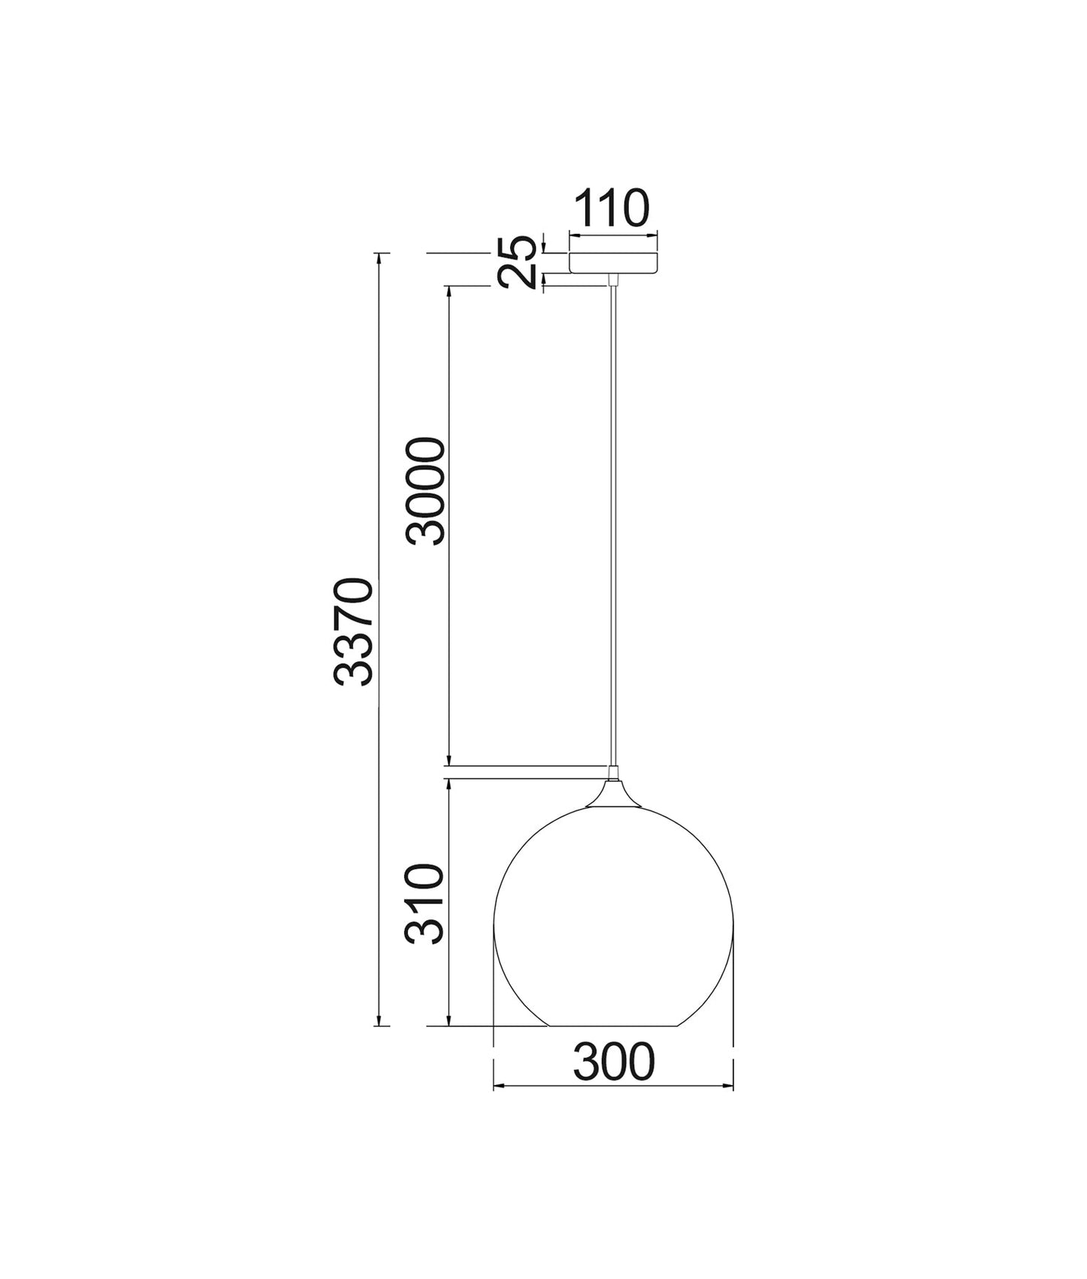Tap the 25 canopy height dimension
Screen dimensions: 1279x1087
(x=519, y=262)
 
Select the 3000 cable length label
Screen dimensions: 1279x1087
(x=426, y=491)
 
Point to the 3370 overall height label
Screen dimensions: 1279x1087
(x=354, y=632)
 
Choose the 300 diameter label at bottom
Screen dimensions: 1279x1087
(x=614, y=1063)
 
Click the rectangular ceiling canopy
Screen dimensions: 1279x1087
(x=613, y=263)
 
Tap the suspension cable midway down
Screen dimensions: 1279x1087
(x=614, y=527)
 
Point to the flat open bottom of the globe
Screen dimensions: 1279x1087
(x=613, y=1025)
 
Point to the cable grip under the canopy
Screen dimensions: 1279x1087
(x=613, y=280)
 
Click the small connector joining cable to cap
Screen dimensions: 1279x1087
(x=614, y=772)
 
